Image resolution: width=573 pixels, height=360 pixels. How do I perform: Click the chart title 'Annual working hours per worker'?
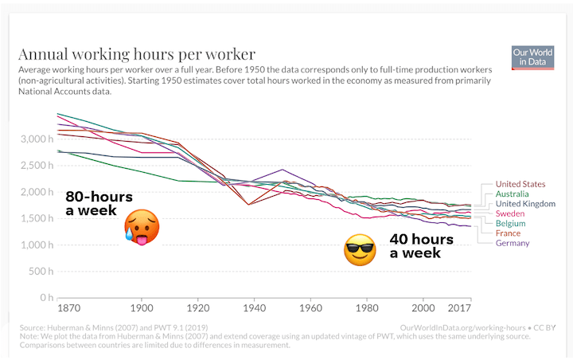point(137,55)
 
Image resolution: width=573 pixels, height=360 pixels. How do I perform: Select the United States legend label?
point(521,184)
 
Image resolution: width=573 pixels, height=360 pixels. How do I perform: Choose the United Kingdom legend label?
point(526,204)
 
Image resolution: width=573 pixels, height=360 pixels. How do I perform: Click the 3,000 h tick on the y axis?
point(35,139)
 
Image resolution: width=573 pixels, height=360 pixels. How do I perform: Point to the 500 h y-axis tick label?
point(40,272)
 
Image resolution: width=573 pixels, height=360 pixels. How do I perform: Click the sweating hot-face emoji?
point(142,226)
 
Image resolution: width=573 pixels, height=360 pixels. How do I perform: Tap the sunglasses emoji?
point(359,250)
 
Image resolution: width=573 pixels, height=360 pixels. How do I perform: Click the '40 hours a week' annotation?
point(420,245)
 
